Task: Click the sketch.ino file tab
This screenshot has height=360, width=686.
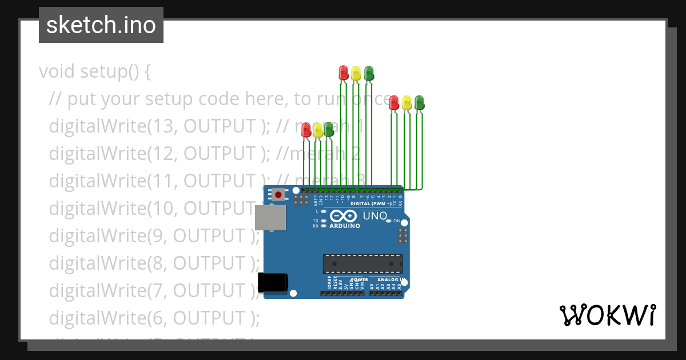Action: tap(101, 25)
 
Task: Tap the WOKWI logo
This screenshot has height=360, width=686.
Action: tap(607, 315)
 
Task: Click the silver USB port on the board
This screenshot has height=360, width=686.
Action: tap(270, 218)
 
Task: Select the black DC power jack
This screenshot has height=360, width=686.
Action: tap(272, 282)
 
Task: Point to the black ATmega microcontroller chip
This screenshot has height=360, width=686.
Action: tap(362, 263)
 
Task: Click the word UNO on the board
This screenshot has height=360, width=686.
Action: tap(374, 215)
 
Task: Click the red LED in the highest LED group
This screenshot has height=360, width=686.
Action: tap(343, 73)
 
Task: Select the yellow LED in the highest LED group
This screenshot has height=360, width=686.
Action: tap(356, 73)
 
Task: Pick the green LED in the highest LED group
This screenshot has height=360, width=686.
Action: tap(369, 73)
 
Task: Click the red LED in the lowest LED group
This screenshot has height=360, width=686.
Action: tap(306, 130)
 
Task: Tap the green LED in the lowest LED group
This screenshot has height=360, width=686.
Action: tap(329, 130)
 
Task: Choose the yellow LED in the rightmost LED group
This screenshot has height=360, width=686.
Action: tap(406, 103)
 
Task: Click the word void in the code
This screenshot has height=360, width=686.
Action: tap(57, 72)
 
